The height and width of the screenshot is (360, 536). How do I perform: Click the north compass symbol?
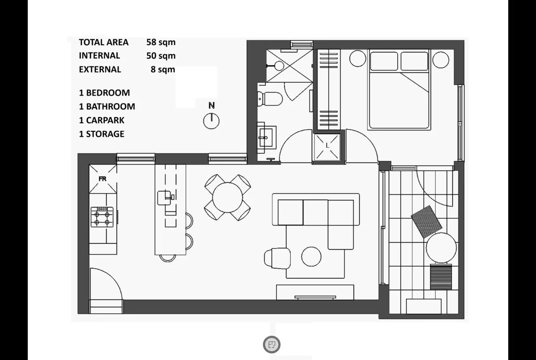[212, 120]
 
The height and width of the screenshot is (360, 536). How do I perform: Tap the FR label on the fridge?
[102, 179]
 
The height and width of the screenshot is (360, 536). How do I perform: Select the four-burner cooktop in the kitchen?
[102, 217]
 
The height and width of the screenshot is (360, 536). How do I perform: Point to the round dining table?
[228, 197]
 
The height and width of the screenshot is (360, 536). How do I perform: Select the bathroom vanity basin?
[266, 137]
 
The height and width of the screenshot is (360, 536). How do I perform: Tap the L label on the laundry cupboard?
[327, 145]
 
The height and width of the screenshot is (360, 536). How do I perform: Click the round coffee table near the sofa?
[311, 256]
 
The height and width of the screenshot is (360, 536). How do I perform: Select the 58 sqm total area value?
[161, 42]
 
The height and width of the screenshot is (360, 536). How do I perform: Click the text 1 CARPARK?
[102, 120]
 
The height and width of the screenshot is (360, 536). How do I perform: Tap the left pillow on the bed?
[384, 61]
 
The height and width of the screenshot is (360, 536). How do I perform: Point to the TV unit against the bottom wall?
[315, 292]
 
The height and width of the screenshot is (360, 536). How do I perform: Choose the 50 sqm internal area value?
[161, 56]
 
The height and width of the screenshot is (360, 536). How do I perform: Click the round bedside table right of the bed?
[440, 58]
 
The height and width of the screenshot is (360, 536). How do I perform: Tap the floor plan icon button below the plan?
[272, 344]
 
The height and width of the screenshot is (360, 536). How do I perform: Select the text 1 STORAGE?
[102, 134]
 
